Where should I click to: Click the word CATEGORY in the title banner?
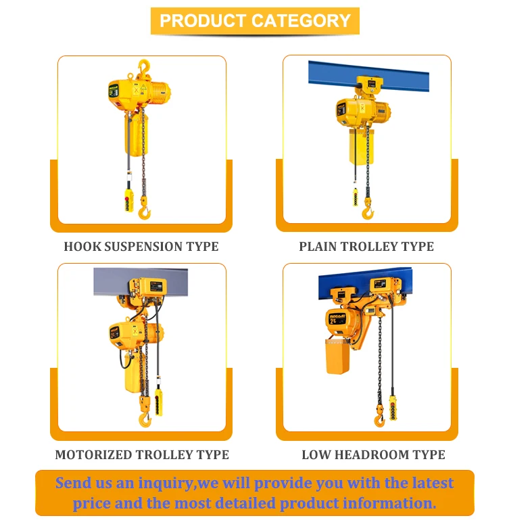pos(301,20)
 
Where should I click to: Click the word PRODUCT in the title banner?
pos(203,20)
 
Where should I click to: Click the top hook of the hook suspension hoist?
pos(144,67)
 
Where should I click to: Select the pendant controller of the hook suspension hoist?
pos(128,199)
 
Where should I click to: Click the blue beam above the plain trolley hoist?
pos(368,76)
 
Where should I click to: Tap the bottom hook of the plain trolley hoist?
pos(367,209)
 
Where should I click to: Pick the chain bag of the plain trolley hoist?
pos(362,147)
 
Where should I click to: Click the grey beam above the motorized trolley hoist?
pos(141,281)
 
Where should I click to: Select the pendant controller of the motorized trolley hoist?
pos(159,402)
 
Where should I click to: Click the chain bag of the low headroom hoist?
pos(337,356)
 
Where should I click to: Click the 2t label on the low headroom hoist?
pos(333,321)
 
